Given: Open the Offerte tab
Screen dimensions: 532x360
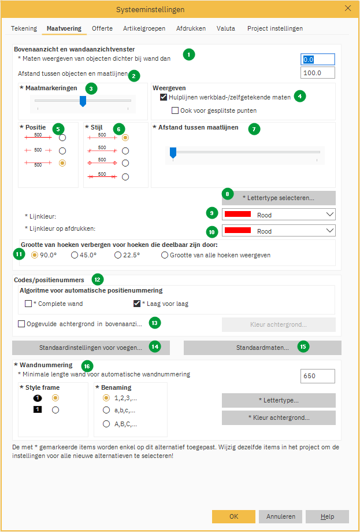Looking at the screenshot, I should (102, 28).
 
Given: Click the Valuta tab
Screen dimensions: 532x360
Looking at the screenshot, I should (225, 28).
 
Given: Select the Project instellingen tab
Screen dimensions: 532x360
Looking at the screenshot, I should (274, 28).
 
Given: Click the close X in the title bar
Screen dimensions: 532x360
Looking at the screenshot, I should (348, 9).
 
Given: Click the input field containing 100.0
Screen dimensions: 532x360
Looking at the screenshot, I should (318, 73).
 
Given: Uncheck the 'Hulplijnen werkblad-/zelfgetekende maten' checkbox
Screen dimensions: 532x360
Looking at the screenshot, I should (164, 97).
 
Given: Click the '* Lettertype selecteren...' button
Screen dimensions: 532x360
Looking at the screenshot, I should (278, 198).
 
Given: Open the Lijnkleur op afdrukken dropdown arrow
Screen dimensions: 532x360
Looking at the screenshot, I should (330, 231).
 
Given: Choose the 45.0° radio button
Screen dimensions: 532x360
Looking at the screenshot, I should (75, 255).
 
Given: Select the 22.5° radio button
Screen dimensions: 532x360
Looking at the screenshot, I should (118, 255).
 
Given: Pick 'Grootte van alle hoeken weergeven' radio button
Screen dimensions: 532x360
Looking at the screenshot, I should (165, 255).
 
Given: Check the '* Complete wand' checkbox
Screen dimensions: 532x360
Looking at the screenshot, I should (28, 304).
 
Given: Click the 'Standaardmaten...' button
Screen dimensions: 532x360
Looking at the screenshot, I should (262, 348).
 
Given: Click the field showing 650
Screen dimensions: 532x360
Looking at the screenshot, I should (318, 376).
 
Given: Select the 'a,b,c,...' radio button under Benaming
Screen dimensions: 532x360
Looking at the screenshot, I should (106, 411).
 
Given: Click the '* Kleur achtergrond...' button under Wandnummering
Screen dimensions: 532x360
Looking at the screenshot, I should (278, 418).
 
